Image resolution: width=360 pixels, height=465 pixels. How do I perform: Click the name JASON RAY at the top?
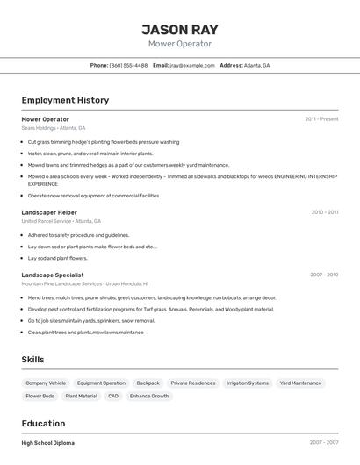point(179,28)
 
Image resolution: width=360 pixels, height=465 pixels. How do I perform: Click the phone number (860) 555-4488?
point(128,66)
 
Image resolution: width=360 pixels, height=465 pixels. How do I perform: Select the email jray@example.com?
point(191,66)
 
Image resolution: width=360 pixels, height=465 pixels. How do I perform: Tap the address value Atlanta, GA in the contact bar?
point(256,66)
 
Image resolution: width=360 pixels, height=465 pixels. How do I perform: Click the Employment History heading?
point(65,100)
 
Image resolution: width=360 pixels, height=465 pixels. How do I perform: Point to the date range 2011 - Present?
point(321,119)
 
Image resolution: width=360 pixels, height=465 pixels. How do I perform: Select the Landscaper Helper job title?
point(49,212)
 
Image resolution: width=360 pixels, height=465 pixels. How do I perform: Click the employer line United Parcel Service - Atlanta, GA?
point(61,221)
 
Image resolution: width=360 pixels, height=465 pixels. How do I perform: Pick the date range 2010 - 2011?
point(324,212)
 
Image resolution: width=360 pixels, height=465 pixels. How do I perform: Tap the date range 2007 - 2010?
point(323,275)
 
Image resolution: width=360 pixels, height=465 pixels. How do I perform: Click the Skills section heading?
point(32,360)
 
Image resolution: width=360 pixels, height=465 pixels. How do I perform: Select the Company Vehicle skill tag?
point(46,383)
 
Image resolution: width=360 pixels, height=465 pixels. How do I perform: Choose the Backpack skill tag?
point(148,383)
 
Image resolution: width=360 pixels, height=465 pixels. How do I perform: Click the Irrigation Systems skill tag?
point(248,383)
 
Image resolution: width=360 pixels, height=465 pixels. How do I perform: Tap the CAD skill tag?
point(113,397)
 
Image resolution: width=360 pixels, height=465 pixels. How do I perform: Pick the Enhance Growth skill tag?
point(149,397)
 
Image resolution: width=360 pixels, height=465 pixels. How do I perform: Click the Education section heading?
point(43,423)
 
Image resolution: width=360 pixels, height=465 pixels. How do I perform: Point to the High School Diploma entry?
point(48,443)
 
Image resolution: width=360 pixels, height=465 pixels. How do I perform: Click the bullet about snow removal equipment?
point(93,196)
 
